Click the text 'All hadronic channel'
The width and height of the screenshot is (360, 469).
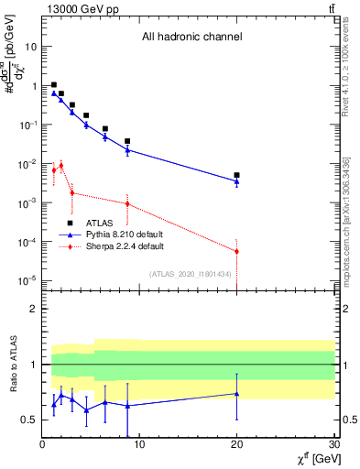coord(191,38)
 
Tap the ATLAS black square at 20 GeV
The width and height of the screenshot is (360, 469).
coord(236,175)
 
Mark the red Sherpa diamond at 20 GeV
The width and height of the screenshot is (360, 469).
coord(236,251)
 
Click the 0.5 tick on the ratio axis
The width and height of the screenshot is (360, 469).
coord(29,420)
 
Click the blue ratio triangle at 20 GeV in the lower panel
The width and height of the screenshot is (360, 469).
coord(236,394)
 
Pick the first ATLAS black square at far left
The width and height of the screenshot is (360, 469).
coord(54,84)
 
